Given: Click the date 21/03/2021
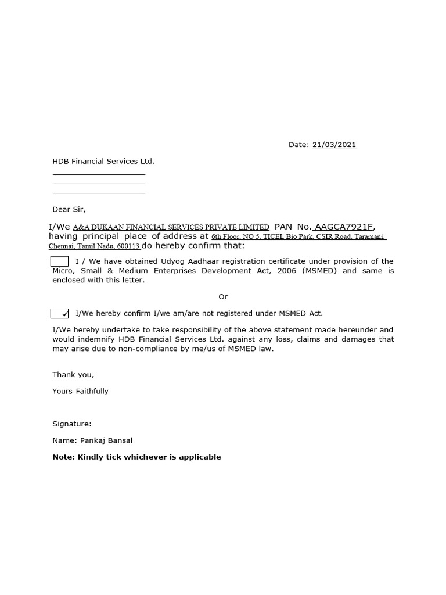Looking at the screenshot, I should pyautogui.click(x=334, y=145).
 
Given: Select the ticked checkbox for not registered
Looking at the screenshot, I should pyautogui.click(x=60, y=314).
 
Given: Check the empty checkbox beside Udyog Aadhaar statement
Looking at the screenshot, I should pyautogui.click(x=60, y=261).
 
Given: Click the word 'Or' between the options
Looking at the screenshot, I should pyautogui.click(x=223, y=297).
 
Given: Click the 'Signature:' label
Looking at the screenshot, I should pyautogui.click(x=72, y=424).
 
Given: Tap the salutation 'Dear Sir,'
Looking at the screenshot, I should pyautogui.click(x=69, y=209).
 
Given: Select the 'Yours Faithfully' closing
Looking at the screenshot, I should pyautogui.click(x=80, y=391).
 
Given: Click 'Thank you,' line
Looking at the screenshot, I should pyautogui.click(x=73, y=375).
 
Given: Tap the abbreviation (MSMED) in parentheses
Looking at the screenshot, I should pyautogui.click(x=319, y=271).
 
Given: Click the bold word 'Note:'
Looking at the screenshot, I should pyautogui.click(x=64, y=457).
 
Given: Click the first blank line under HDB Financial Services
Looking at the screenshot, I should pyautogui.click(x=99, y=174).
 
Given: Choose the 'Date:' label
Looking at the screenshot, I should pyautogui.click(x=298, y=145).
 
